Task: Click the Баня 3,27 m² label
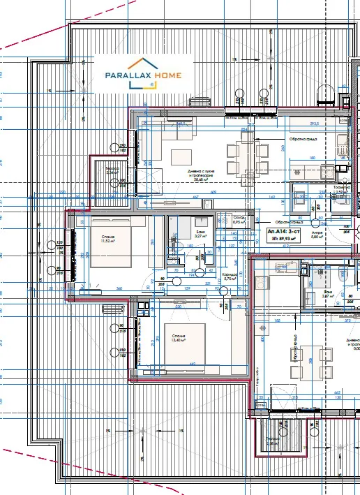[x=199, y=235]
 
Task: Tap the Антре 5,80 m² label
[x=316, y=235]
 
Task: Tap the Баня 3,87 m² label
[x=327, y=294]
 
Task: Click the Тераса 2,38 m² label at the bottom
[x=271, y=441]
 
